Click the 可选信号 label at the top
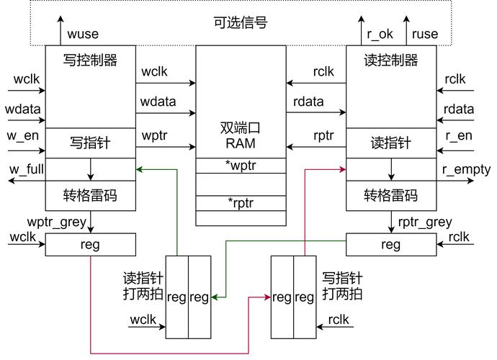241,23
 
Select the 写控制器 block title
90,60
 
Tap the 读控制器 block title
391,60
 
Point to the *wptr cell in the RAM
240,166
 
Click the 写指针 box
90,143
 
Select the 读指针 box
391,143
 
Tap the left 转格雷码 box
90,195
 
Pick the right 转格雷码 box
391,195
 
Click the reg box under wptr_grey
90,245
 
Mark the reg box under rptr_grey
391,245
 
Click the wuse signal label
82,34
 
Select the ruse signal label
424,34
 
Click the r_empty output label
466,171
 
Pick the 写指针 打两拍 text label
342,286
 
